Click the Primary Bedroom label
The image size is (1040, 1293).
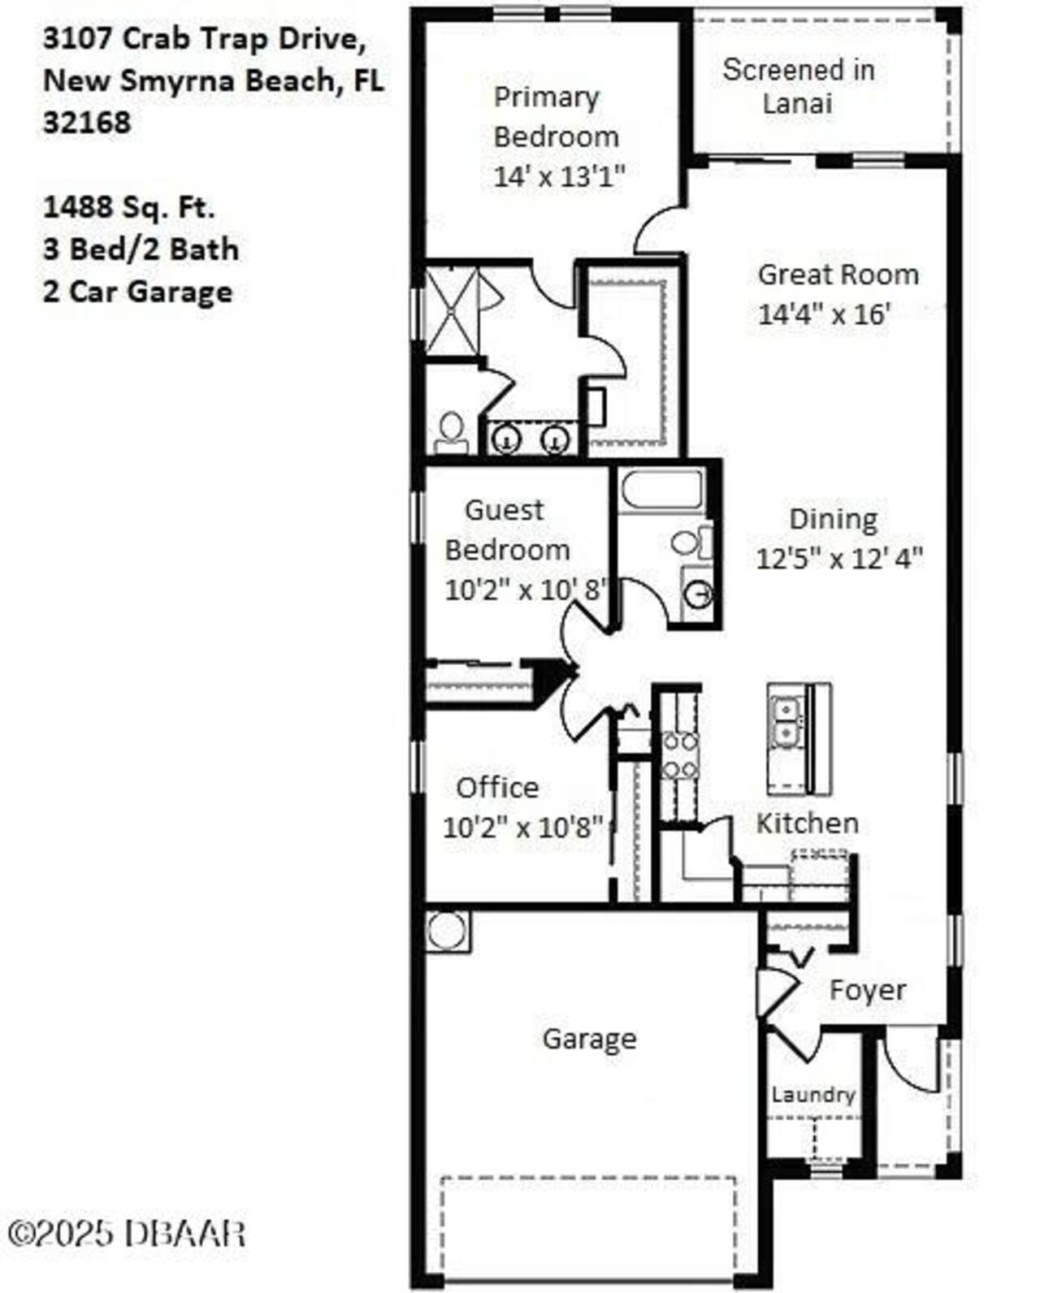(556, 117)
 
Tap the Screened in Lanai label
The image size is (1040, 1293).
(798, 86)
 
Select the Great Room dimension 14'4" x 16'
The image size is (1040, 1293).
(825, 314)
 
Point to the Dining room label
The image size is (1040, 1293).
(833, 519)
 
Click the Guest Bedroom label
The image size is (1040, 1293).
(506, 530)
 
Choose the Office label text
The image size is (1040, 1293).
(497, 787)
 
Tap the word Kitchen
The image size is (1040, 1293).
(807, 823)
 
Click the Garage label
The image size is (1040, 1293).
(589, 1039)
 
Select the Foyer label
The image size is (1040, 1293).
(867, 990)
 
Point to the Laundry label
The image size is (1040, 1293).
(812, 1095)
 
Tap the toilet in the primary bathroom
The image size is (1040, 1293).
(451, 431)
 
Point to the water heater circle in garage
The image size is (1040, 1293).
(446, 931)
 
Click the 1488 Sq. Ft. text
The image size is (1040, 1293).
(128, 207)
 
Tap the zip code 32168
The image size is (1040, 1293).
(86, 123)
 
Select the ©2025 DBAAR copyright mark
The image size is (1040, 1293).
(126, 1234)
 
